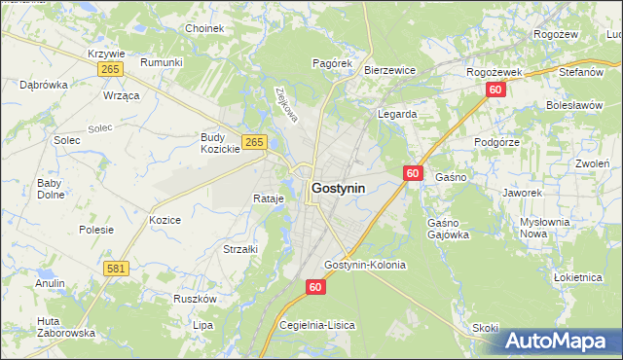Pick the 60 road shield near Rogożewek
click(495, 90)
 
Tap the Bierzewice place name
click(389, 70)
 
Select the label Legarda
click(397, 114)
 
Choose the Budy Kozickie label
click(220, 143)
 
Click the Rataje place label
click(268, 198)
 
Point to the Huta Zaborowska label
click(66, 327)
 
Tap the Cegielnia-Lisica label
click(317, 324)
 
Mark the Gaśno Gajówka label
click(449, 229)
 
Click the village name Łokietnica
click(578, 277)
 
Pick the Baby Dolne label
click(50, 189)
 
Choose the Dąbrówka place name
click(44, 85)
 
